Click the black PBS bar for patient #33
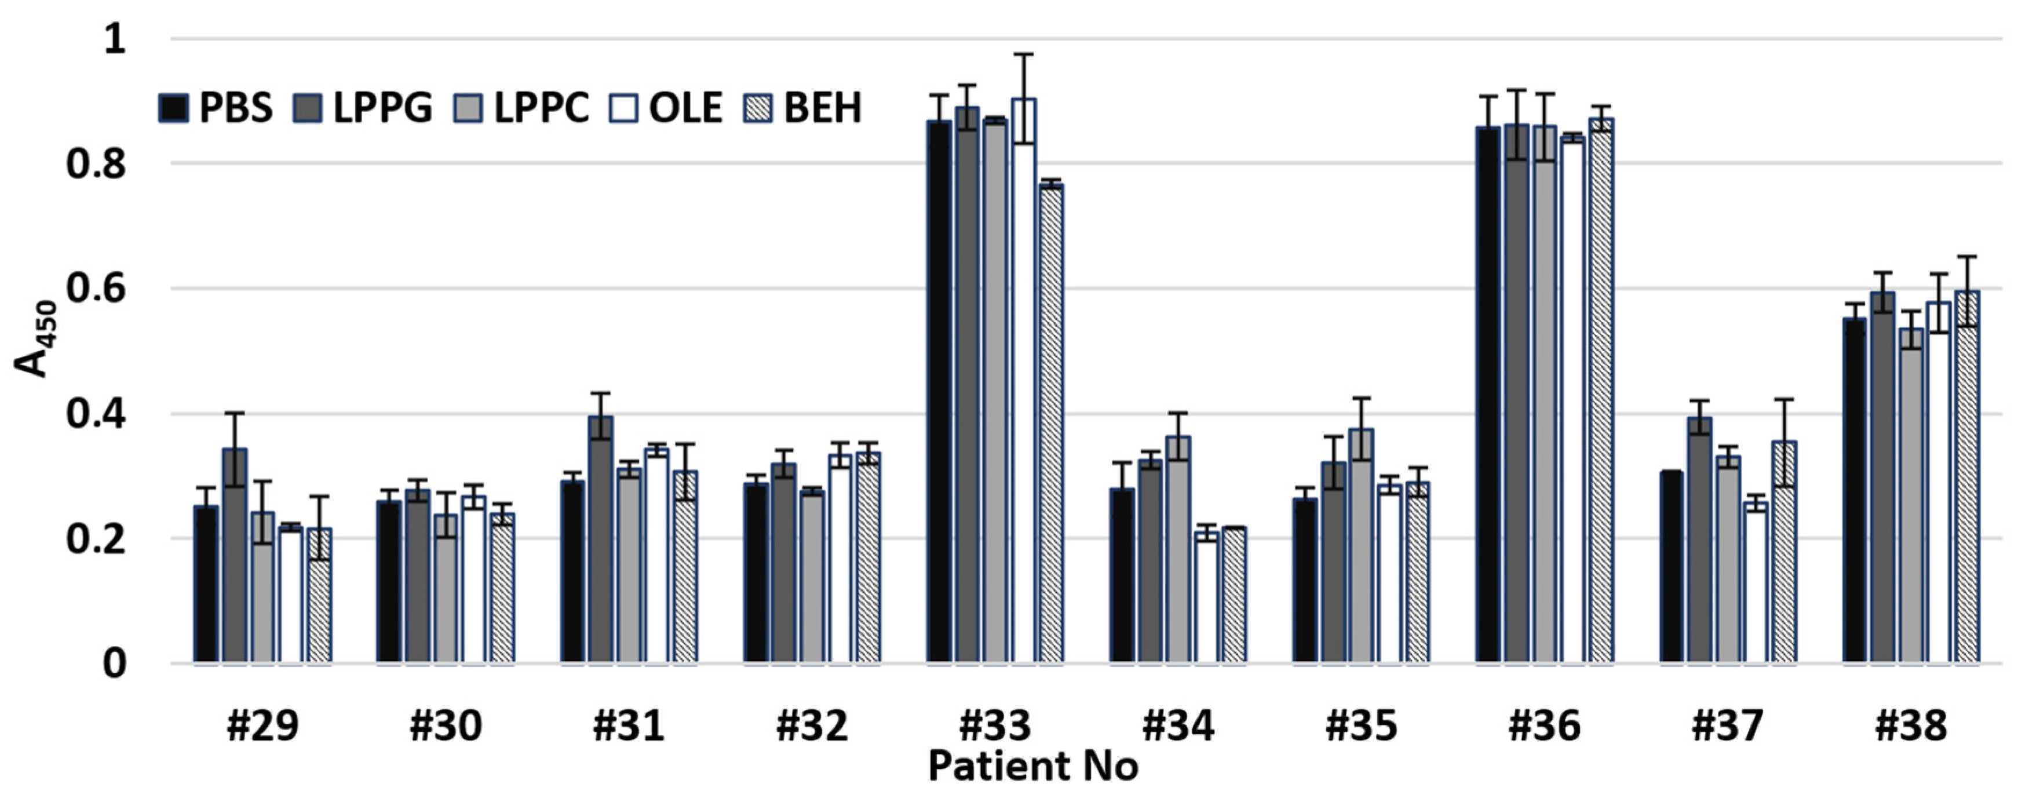coord(939,392)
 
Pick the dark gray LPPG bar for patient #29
coord(234,556)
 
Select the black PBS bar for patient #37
coord(1671,567)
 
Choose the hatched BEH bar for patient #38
coord(1967,477)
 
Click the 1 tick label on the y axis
coord(114,39)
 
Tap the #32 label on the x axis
coord(812,726)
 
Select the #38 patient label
coord(1911,726)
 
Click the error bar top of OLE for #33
coord(1023,54)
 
